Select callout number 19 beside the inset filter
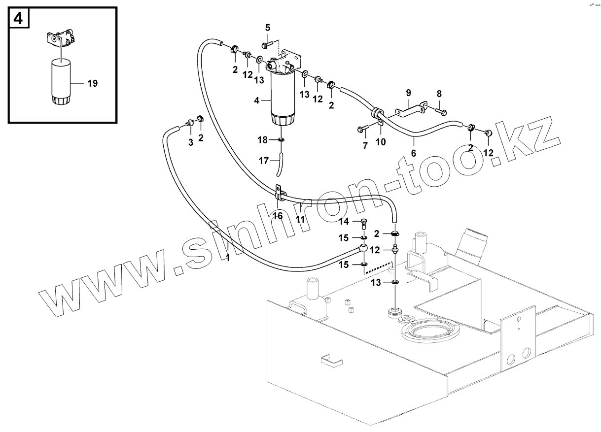click(x=92, y=84)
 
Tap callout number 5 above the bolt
click(x=268, y=27)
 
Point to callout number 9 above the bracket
click(x=408, y=93)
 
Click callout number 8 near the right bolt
click(x=439, y=94)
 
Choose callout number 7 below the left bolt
click(x=365, y=146)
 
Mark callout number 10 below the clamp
click(x=381, y=142)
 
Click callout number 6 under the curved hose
click(x=413, y=154)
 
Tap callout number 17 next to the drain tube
click(x=263, y=160)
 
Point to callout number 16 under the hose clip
click(x=278, y=216)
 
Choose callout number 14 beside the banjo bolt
click(x=344, y=222)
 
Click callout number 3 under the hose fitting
click(x=191, y=143)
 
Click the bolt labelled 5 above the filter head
click(x=265, y=45)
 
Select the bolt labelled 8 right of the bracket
click(x=441, y=111)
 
